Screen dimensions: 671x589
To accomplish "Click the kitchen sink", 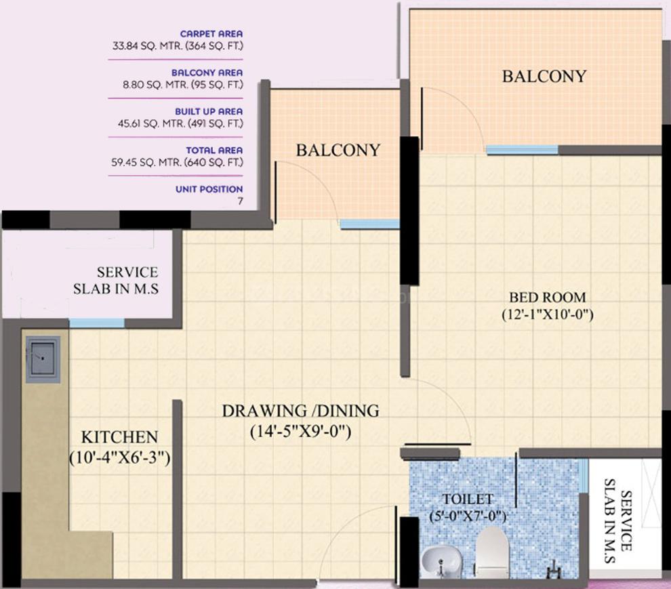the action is click(x=43, y=359).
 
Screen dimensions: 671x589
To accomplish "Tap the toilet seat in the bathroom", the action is click(x=491, y=552).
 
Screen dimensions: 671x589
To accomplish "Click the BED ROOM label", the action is click(x=548, y=297).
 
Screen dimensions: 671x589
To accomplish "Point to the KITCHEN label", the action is click(x=120, y=437).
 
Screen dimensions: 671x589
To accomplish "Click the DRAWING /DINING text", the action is click(x=300, y=411).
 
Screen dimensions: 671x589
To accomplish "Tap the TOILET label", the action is click(x=467, y=499).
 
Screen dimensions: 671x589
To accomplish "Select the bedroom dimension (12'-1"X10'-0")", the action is click(x=548, y=314).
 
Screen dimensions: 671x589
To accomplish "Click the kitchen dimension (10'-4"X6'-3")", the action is click(x=120, y=458).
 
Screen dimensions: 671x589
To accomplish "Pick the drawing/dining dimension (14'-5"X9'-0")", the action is click(x=300, y=431).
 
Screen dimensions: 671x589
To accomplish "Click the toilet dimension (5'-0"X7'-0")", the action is click(x=468, y=516).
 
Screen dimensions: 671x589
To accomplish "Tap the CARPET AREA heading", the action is click(x=211, y=34).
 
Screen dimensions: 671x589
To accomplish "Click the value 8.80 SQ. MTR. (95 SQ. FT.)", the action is click(x=183, y=85).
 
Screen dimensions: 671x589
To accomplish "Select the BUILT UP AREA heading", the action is click(x=209, y=112).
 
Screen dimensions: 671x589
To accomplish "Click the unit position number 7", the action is click(x=241, y=201).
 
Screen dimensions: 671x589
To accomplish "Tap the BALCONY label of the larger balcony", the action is click(x=544, y=76).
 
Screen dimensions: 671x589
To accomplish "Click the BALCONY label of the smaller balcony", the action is click(x=338, y=150).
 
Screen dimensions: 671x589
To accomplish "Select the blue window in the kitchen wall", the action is click(x=97, y=323).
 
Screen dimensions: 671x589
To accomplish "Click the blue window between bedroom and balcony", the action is click(x=522, y=150).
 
